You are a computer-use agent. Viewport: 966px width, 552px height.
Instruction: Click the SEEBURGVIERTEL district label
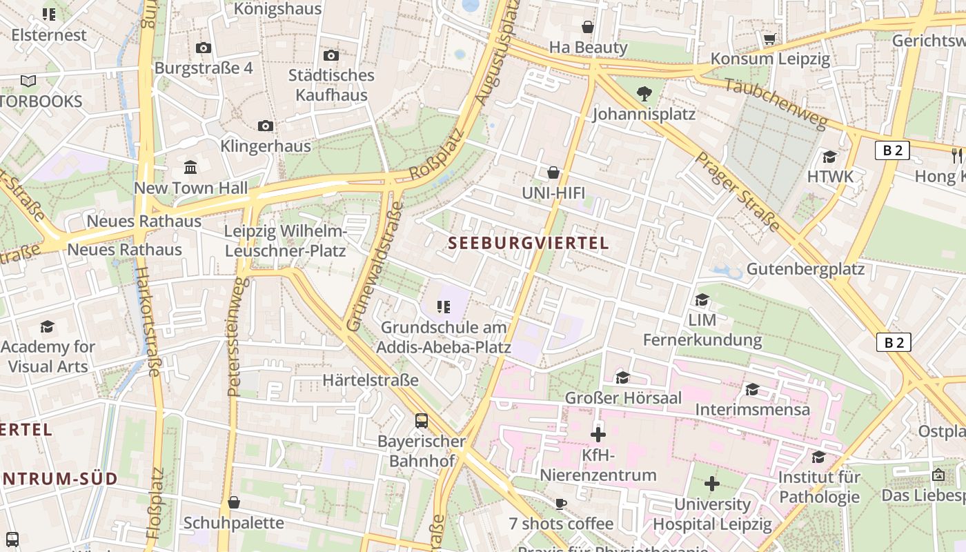(529, 243)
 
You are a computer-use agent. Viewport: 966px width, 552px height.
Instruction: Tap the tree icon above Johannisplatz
(644, 92)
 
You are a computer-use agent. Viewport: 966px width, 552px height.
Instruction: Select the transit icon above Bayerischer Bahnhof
(421, 420)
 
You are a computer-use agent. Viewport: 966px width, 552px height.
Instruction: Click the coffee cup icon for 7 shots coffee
(561, 504)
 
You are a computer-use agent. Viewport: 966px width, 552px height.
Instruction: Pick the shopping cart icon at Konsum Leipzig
(770, 39)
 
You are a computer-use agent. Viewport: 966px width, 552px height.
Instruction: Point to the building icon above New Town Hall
(190, 167)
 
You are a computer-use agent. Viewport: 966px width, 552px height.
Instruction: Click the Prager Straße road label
(737, 191)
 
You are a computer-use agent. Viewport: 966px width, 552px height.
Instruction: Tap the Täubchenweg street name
(776, 103)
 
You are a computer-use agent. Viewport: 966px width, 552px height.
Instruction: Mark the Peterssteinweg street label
(237, 337)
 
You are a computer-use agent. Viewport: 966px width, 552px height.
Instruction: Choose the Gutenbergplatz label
(805, 268)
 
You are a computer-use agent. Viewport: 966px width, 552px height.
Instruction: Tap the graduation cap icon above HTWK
(830, 157)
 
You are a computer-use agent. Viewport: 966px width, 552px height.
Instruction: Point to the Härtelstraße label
(371, 380)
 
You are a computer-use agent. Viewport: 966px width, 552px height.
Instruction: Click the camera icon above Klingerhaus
(266, 126)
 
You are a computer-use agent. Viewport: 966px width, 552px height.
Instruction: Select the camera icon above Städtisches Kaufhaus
(331, 55)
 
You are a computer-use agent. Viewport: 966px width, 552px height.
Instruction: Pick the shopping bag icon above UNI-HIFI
(553, 172)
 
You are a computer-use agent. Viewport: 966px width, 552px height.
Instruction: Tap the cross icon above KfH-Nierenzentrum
(598, 435)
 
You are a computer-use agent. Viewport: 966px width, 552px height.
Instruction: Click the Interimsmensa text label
(752, 409)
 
